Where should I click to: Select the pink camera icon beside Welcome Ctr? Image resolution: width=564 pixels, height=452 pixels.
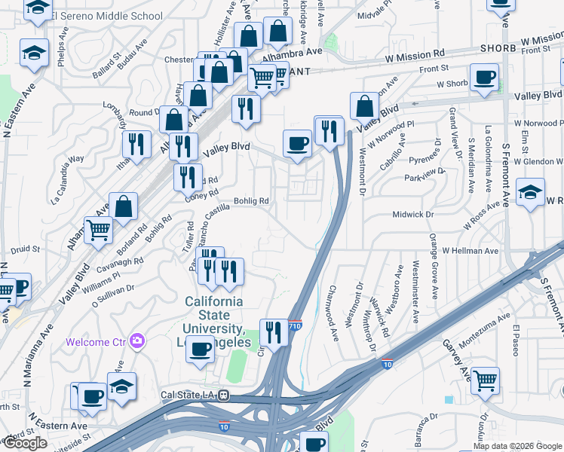pyautogui.click(x=136, y=341)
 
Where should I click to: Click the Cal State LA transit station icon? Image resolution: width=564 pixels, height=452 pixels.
pyautogui.click(x=223, y=394)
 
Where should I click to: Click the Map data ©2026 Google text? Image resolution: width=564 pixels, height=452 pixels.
pyautogui.click(x=518, y=446)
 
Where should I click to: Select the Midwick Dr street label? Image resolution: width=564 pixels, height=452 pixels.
pyautogui.click(x=413, y=215)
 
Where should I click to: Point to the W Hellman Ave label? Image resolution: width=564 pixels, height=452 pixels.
pyautogui.click(x=471, y=250)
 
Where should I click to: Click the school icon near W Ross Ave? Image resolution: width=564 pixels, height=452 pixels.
pyautogui.click(x=531, y=193)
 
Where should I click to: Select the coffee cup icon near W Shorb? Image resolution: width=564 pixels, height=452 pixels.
pyautogui.click(x=484, y=77)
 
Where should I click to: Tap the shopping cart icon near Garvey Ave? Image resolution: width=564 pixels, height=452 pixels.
pyautogui.click(x=484, y=380)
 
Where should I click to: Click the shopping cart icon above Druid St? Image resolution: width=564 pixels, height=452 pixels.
pyautogui.click(x=98, y=230)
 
